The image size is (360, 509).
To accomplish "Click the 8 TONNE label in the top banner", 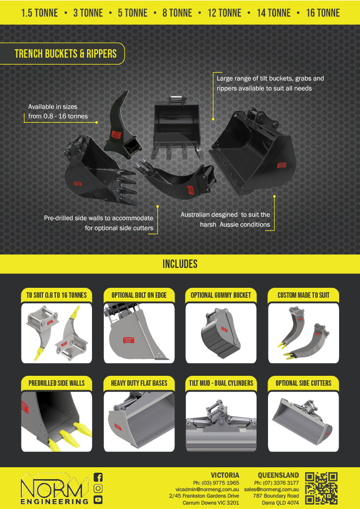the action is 177,13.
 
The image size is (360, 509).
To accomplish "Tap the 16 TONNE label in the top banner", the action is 323,13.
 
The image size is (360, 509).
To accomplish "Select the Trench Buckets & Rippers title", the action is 66,54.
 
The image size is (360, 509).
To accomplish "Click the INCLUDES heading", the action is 180,264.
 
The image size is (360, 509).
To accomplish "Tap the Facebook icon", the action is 98,477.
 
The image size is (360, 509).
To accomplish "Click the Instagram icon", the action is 98,488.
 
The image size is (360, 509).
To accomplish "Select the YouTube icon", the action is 98,499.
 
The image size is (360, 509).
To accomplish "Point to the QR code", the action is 321,489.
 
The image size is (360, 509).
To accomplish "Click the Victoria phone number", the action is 216,483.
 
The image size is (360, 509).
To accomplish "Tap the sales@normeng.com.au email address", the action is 271,489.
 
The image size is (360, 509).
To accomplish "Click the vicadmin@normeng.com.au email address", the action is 207,489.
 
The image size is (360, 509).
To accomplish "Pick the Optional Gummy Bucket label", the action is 221,295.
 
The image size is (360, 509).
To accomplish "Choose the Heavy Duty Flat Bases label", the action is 139,383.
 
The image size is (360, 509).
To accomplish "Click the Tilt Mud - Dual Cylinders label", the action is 221,383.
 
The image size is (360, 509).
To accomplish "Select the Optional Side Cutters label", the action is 303,383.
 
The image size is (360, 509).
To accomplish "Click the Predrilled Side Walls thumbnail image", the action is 57,422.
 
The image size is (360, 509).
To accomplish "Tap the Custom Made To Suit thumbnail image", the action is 303,333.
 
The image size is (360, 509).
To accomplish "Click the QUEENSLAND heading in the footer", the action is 278,476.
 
